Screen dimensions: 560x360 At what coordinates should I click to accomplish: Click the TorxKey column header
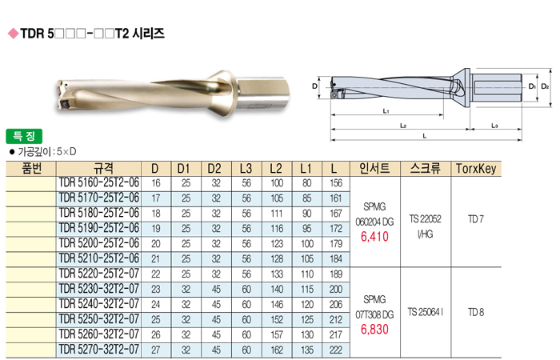click(x=476, y=169)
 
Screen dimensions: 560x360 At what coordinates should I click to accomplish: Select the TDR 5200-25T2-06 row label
click(x=99, y=243)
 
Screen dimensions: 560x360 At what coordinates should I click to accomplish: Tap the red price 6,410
click(x=374, y=237)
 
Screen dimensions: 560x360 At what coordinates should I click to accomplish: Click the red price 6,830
click(x=374, y=330)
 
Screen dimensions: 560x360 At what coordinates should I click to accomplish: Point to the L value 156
click(x=336, y=183)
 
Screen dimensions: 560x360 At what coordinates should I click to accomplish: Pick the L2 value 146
click(x=277, y=305)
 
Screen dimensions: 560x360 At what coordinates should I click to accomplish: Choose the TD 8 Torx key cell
click(x=476, y=313)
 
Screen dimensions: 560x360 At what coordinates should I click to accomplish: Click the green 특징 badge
click(x=24, y=137)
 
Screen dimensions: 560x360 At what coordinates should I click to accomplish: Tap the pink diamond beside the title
click(x=14, y=34)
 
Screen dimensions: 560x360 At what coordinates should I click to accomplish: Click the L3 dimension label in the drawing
click(x=494, y=126)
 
